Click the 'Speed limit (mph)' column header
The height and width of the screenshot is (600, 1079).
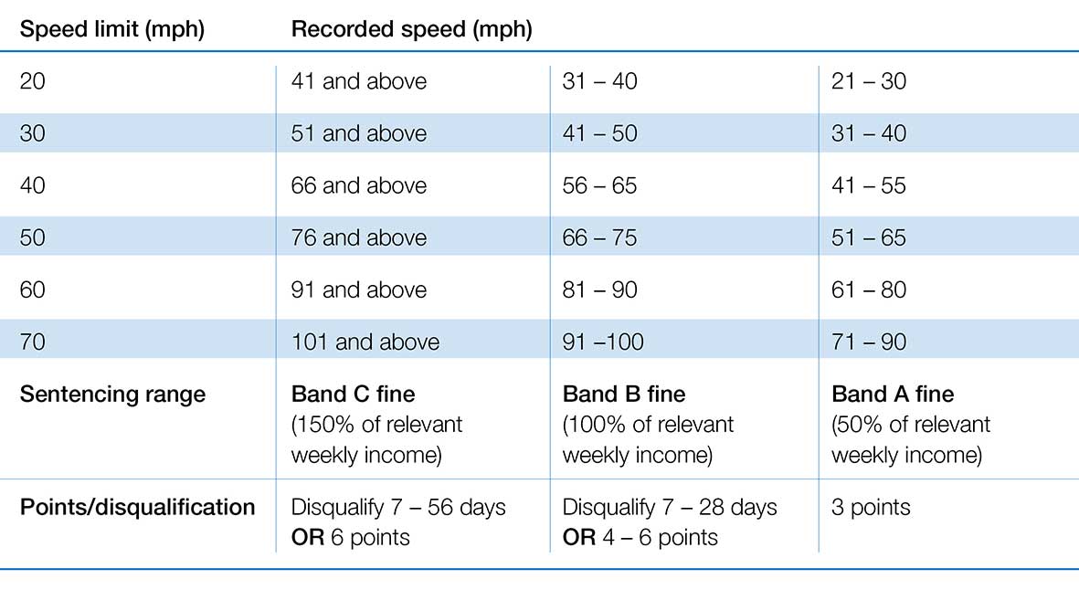click(111, 29)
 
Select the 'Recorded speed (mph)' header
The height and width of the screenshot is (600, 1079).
click(411, 29)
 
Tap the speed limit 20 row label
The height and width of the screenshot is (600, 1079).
click(32, 81)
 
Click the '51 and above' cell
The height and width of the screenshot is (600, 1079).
click(358, 133)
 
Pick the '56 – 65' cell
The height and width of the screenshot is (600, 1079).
click(600, 185)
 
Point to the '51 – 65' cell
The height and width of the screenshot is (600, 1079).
click(869, 237)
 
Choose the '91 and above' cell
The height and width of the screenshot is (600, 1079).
click(358, 289)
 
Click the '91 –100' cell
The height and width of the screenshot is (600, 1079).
click(603, 342)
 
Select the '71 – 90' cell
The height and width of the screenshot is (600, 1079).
click(869, 342)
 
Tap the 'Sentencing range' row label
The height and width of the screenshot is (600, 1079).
click(112, 395)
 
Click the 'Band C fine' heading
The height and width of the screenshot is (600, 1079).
click(353, 395)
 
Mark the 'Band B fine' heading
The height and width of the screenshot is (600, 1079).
click(624, 395)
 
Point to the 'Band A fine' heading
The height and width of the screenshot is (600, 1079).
click(893, 395)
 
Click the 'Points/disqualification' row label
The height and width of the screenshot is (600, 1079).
click(137, 507)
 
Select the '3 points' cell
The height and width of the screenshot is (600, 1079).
click(871, 507)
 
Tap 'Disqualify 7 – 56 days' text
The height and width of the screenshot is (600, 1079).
click(397, 507)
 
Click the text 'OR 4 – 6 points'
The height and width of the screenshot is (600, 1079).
click(640, 537)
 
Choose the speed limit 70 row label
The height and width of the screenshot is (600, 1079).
click(32, 342)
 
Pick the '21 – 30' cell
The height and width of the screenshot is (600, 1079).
click(869, 81)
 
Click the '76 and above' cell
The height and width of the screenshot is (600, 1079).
click(358, 237)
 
